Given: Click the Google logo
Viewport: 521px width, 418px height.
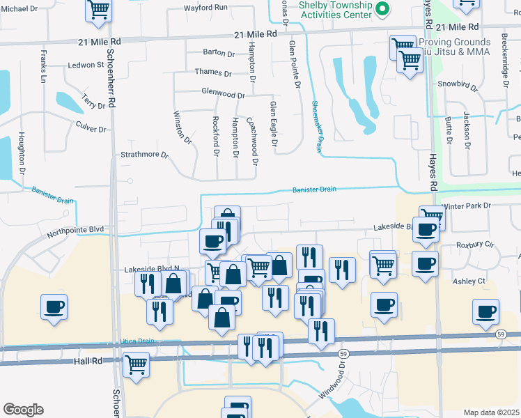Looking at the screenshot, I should (x=23, y=410).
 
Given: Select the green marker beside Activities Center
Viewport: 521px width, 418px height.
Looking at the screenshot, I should (x=382, y=9).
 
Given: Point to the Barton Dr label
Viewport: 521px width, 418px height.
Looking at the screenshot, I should (x=219, y=53).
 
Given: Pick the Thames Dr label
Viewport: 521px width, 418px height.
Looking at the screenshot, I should (x=213, y=72).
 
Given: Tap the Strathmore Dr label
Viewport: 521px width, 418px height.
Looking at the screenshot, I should (x=145, y=155).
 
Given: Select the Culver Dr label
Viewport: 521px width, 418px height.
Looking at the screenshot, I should (x=91, y=130).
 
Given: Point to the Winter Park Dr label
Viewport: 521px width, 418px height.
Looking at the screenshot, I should (x=466, y=206).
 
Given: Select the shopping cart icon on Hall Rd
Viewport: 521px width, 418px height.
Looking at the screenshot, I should (x=136, y=364).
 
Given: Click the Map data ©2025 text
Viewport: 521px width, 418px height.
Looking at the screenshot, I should (x=492, y=412).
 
